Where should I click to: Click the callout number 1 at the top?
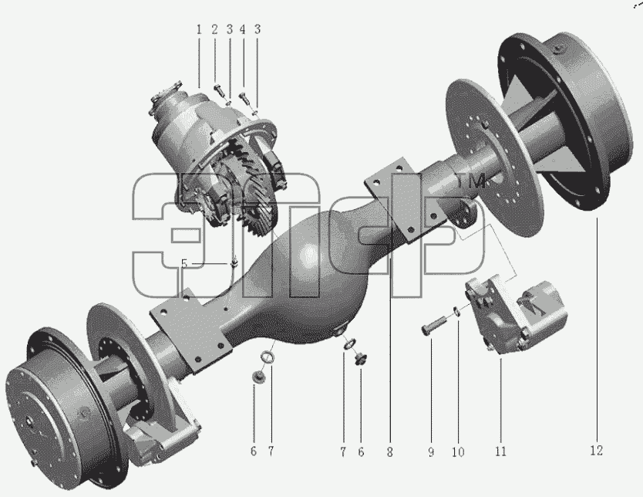pyautogui.click(x=199, y=29)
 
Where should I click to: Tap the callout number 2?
pyautogui.click(x=214, y=29)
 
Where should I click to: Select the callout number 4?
pyautogui.click(x=243, y=29)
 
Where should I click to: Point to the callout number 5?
pyautogui.click(x=184, y=264)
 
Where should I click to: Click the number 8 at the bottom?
pyautogui.click(x=389, y=452)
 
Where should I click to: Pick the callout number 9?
pyautogui.click(x=431, y=452)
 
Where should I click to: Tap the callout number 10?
pyautogui.click(x=458, y=452)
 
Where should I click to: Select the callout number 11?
pyautogui.click(x=500, y=451)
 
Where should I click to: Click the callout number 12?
pyautogui.click(x=597, y=451)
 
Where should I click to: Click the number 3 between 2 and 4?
pyautogui.click(x=229, y=29)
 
